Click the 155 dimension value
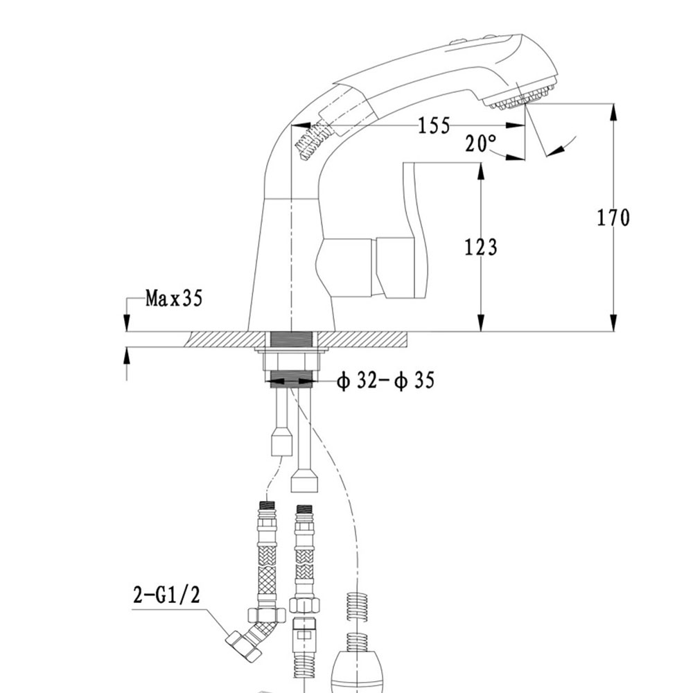coord(435,125)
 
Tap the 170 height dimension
coord(614,218)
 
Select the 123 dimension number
coord(481,247)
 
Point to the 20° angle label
coord(481,143)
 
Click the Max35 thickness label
coord(173,299)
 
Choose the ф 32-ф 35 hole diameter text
coord(386,380)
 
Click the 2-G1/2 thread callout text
coord(166,595)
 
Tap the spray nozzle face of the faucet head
coord(523,99)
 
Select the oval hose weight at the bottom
coord(354,665)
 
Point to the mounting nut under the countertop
coord(291,361)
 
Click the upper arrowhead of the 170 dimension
coord(613,111)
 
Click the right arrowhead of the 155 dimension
coord(518,125)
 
